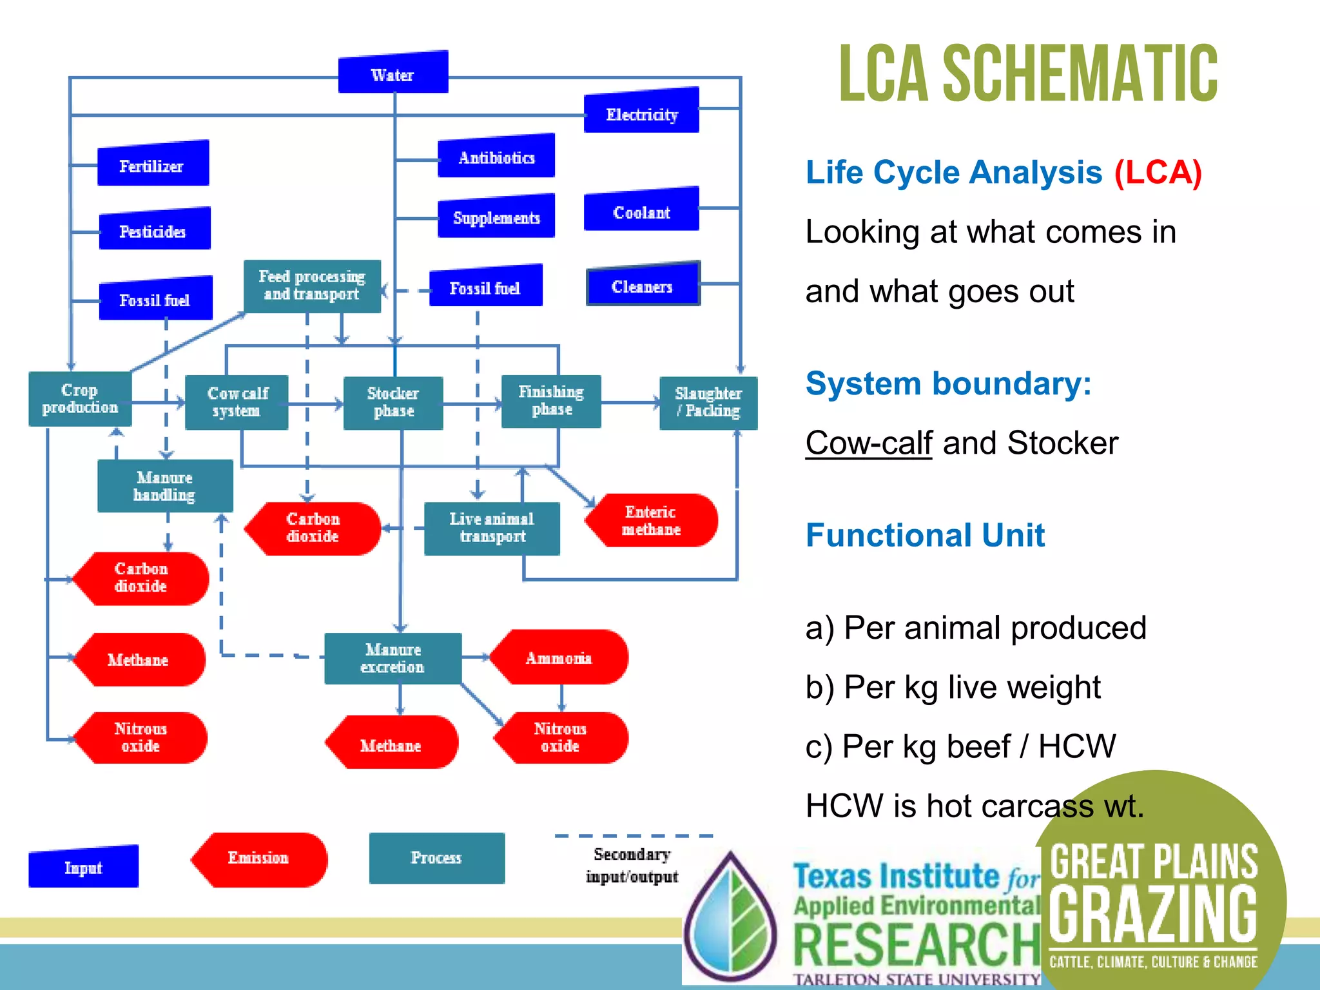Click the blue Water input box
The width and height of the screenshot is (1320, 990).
393,73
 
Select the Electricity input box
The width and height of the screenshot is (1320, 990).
641,112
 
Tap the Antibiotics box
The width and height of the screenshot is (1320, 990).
496,157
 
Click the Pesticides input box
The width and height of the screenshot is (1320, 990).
154,229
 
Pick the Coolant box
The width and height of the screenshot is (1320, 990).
641,210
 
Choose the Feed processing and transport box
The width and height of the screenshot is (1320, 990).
312,286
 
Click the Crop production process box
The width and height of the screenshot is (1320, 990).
80,399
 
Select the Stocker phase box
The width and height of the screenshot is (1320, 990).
393,403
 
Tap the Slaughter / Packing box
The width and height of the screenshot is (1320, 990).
708,403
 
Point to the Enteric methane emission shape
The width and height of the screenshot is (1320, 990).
651,521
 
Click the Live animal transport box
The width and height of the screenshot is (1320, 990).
492,529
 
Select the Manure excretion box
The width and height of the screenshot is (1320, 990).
393,658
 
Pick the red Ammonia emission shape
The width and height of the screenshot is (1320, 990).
559,657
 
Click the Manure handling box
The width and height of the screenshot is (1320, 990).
165,486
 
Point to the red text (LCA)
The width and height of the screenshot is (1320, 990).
1158,173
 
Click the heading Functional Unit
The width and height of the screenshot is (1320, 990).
925,535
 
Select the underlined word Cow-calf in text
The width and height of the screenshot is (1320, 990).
868,443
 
